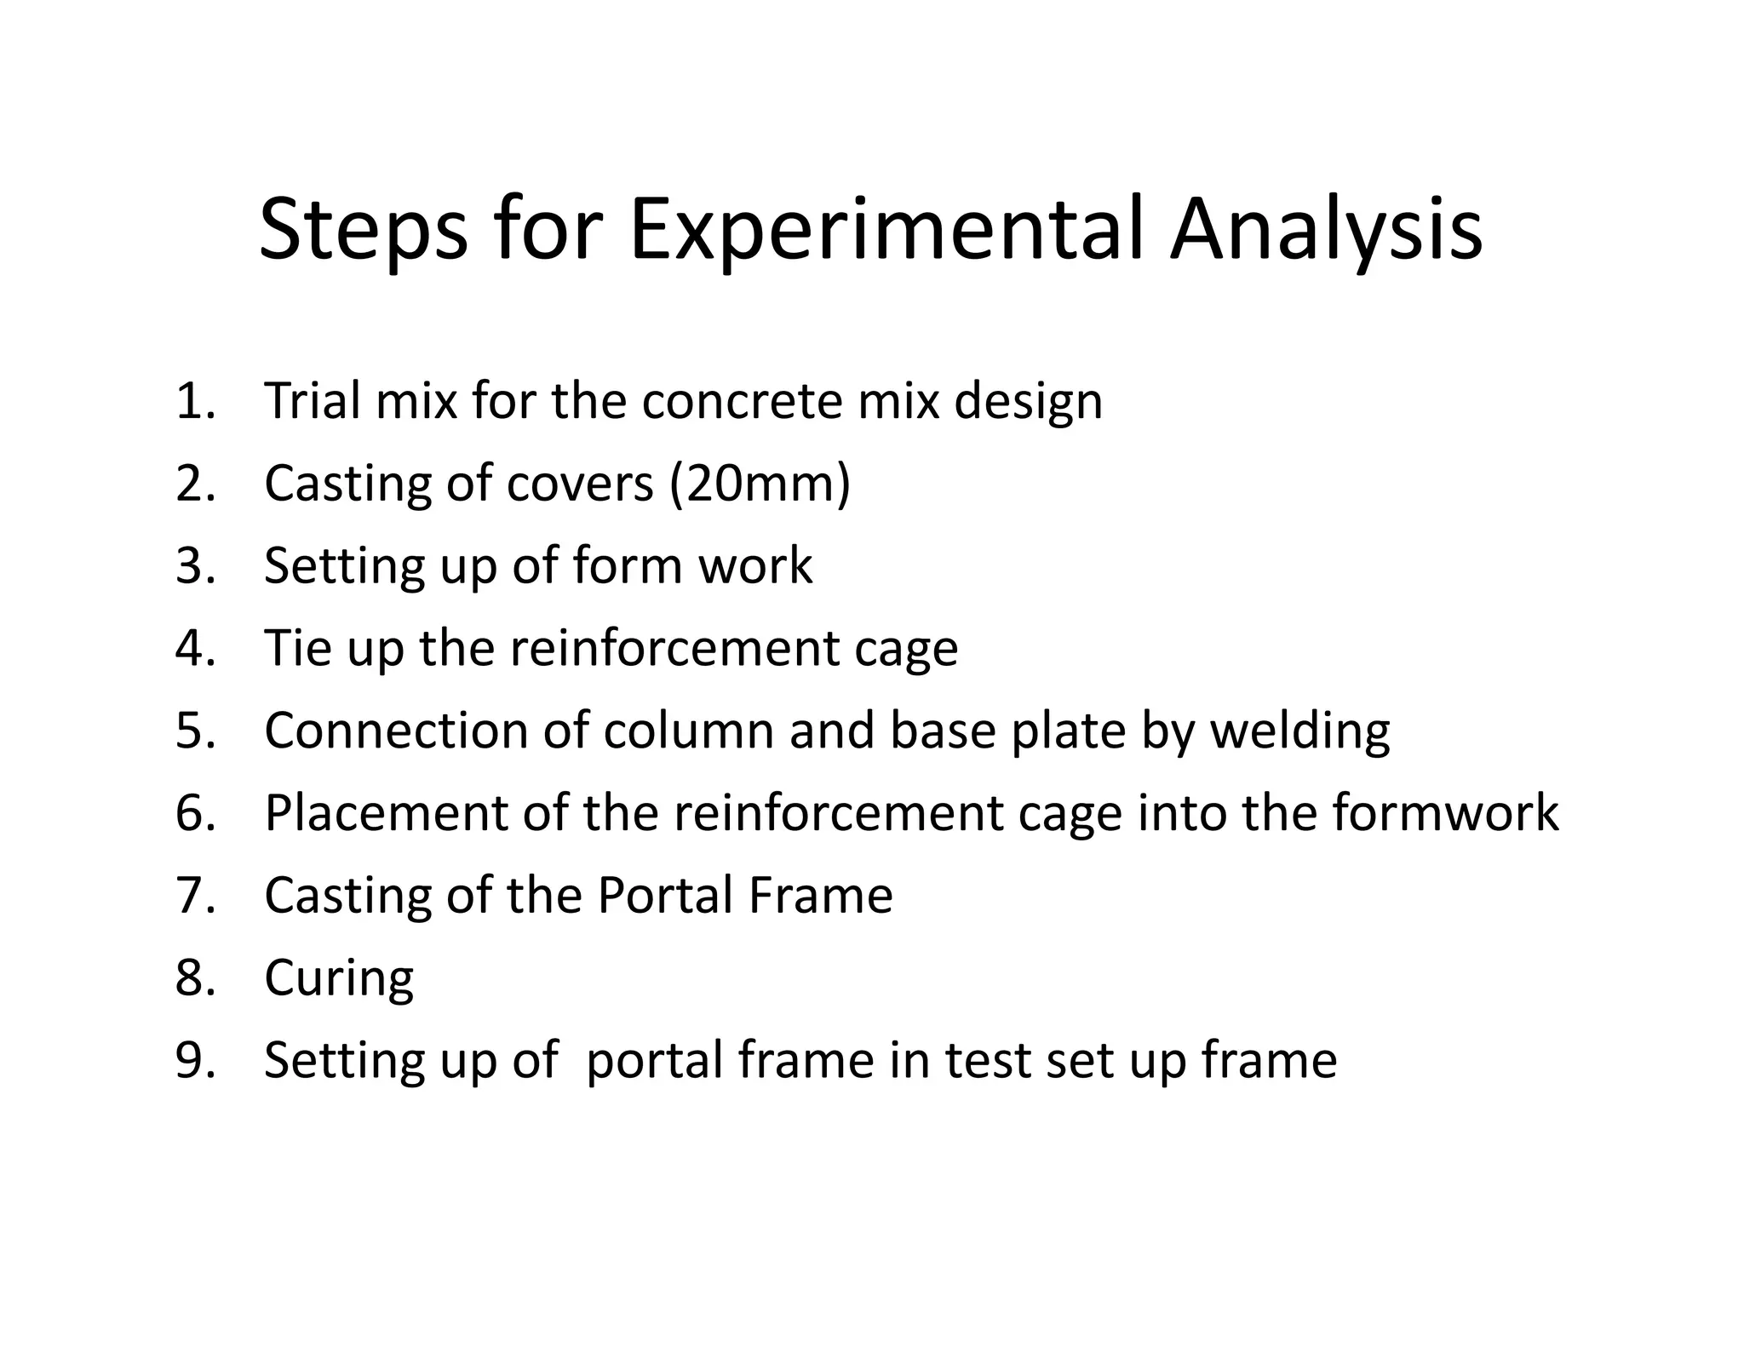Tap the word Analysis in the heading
[1326, 230]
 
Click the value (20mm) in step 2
[760, 484]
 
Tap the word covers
[580, 484]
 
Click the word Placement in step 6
[386, 812]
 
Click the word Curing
[339, 978]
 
